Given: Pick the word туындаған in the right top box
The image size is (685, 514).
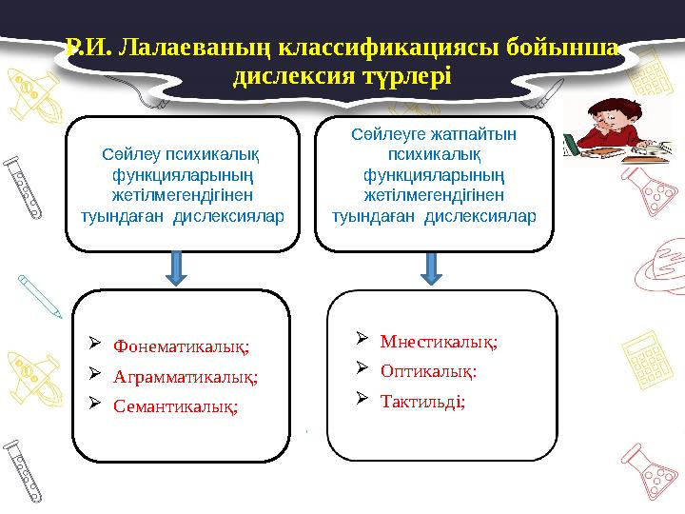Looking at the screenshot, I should [x=374, y=215].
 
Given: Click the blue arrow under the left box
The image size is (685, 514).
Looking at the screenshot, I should [x=176, y=267].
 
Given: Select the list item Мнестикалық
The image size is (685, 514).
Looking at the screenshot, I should [x=439, y=341].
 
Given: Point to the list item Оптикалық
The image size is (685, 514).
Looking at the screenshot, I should [x=428, y=371].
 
